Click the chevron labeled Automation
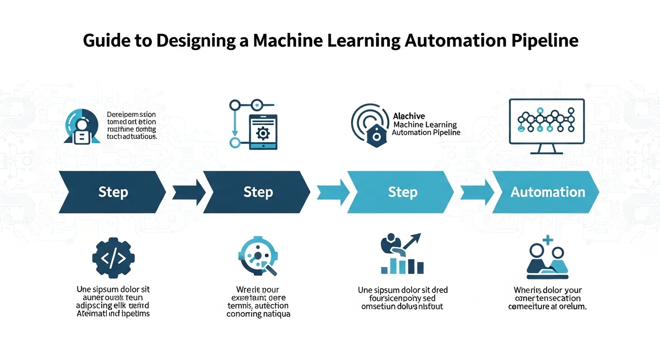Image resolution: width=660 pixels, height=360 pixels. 546,192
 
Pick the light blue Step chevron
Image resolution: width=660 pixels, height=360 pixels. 401,192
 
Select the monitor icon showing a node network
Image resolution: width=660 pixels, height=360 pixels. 547,126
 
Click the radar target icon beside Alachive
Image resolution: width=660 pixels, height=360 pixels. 370,124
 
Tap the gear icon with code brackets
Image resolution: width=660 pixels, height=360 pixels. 113,257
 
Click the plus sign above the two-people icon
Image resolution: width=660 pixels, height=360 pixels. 547,241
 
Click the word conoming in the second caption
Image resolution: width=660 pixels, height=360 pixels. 244,314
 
